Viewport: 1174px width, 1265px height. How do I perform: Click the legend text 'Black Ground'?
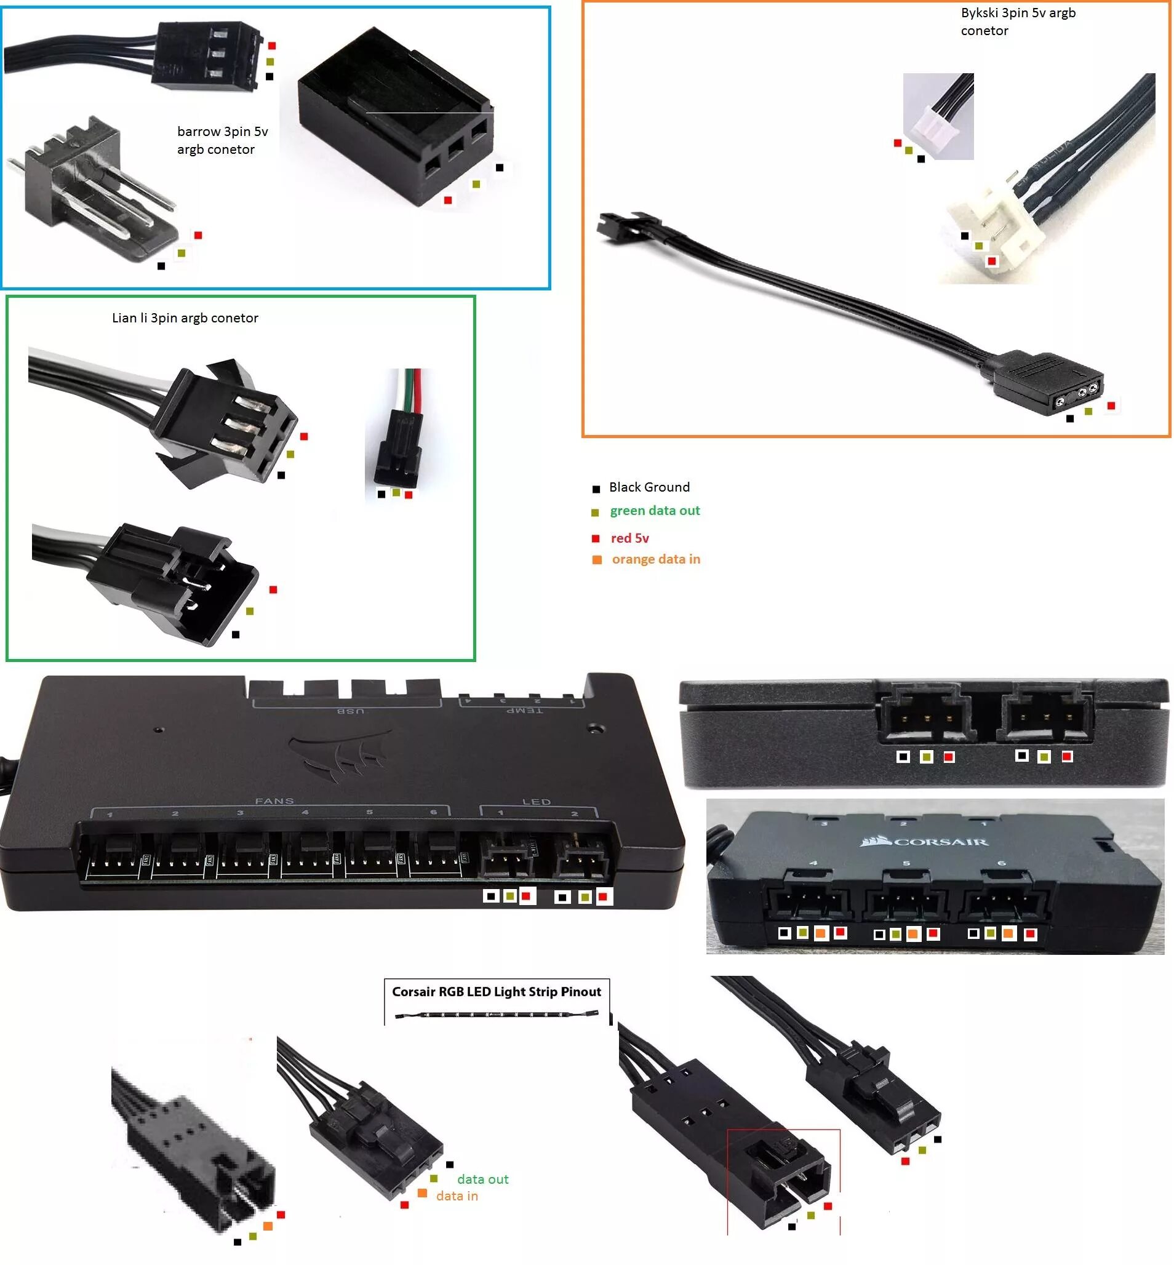[649, 487]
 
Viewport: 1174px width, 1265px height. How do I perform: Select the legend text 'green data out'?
[654, 511]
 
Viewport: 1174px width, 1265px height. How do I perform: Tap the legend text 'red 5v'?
[629, 538]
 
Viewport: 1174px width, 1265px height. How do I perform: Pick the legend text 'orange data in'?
[656, 559]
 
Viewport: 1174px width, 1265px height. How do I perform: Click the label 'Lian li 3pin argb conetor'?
[185, 317]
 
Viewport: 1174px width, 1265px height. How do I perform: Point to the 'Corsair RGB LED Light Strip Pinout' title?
[496, 992]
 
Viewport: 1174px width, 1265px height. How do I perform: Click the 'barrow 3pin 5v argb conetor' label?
[222, 140]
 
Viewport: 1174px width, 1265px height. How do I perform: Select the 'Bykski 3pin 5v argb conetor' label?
[1018, 22]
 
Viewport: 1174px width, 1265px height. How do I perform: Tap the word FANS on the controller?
[274, 801]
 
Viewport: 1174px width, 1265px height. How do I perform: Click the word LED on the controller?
[536, 802]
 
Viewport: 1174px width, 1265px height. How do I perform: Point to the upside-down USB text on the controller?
[350, 710]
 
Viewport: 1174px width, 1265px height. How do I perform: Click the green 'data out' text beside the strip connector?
[483, 1180]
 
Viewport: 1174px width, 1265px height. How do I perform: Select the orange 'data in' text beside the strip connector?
[457, 1196]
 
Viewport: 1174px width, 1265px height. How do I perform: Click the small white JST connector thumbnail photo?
[938, 116]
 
